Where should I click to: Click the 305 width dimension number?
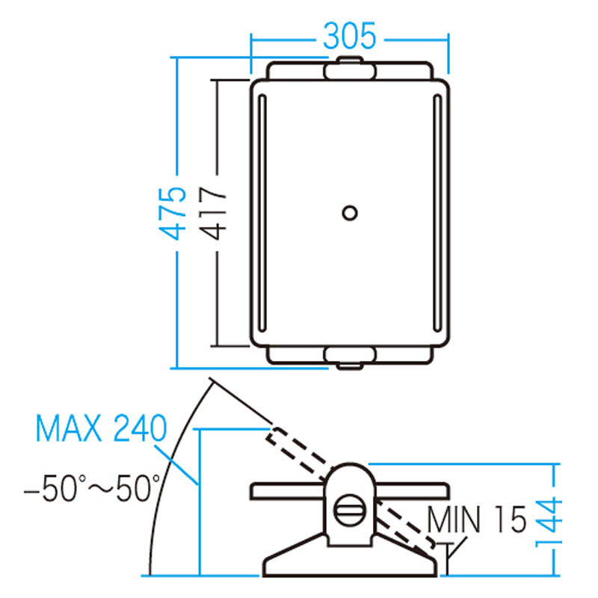pos(349,36)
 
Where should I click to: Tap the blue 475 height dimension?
pos(172,214)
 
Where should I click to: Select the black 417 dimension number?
pos(213,213)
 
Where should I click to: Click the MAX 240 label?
pos(101,428)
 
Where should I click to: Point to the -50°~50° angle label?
pos(92,489)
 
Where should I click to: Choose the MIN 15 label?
pos(477,519)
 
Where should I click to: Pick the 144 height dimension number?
pos(549,522)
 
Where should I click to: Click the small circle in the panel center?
pos(350,213)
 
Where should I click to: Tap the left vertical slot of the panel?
pos(262,213)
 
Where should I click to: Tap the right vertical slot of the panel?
pos(437,213)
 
